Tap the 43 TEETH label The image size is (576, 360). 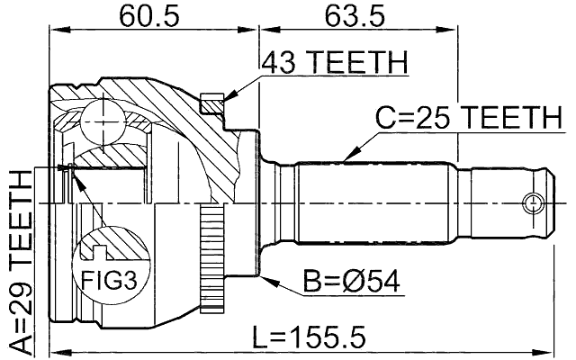pos(334,63)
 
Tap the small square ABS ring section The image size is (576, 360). pos(212,103)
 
